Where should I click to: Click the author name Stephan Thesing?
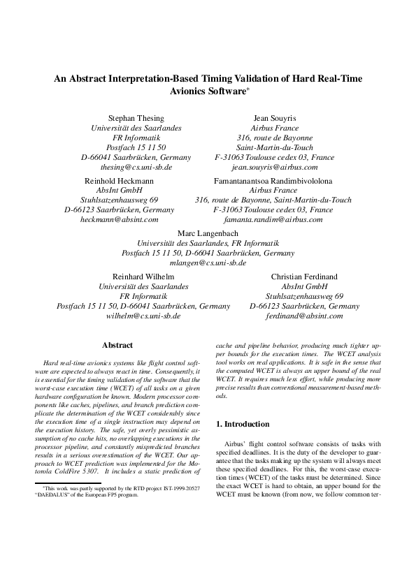136,118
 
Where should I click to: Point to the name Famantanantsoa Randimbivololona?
273,180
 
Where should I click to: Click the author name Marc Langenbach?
208,233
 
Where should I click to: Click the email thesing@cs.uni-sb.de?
136,168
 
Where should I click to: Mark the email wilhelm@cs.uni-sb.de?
143,316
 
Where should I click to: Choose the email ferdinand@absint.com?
305,316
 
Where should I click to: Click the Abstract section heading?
117,345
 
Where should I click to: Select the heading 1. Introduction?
242,424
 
